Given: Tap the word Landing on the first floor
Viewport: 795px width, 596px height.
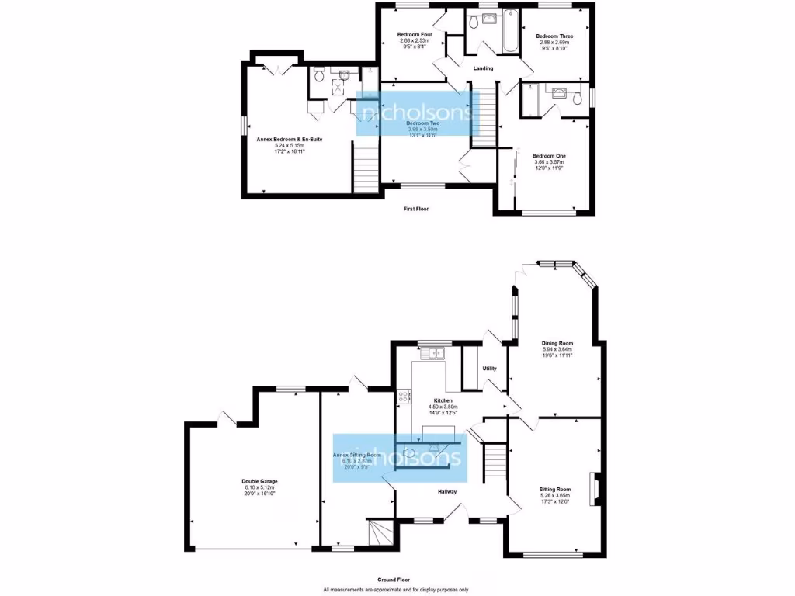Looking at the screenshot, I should point(483,68).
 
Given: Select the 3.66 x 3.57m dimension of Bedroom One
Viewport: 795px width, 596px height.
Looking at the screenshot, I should point(549,162).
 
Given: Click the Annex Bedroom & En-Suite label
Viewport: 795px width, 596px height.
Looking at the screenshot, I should point(290,139).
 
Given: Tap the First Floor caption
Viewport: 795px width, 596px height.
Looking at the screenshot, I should point(416,209).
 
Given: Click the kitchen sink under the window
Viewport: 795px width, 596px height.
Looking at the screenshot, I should point(436,355).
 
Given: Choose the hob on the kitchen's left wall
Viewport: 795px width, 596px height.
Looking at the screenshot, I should point(404,397).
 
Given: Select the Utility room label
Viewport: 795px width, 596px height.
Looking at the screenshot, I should point(489,369).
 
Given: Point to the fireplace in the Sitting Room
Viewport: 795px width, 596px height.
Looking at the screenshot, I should point(594,489).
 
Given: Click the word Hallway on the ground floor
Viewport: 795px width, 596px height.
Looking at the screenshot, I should point(446,491).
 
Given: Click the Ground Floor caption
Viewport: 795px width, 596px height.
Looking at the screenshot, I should point(394,580).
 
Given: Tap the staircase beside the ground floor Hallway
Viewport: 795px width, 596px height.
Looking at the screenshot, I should point(493,462).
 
